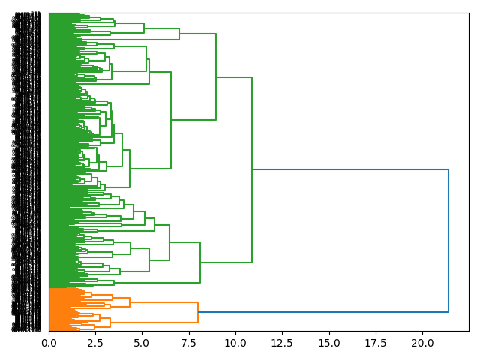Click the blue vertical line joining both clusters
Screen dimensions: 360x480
(448, 240)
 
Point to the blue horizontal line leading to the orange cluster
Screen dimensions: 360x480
(322, 311)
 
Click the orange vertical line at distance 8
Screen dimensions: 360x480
(198, 312)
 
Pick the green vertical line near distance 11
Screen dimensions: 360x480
(252, 170)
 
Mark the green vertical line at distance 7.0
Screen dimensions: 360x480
(179, 34)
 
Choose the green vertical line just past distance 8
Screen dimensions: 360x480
(200, 262)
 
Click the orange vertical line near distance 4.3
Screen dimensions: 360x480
(130, 302)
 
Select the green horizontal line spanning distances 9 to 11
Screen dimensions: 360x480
(234, 77)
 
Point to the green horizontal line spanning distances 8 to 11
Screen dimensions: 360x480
(226, 262)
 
